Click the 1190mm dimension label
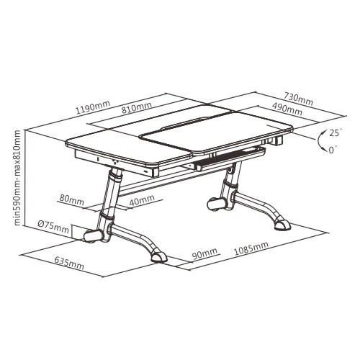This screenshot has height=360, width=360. click(x=93, y=107)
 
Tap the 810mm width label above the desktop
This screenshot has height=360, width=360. click(x=136, y=107)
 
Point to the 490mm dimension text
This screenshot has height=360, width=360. click(x=287, y=109)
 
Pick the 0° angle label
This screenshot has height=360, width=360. click(x=333, y=149)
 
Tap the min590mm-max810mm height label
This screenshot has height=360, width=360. click(x=17, y=178)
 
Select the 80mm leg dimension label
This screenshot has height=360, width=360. click(x=72, y=199)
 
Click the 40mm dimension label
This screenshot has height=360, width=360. click(x=142, y=201)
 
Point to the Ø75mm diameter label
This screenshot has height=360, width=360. click(x=53, y=225)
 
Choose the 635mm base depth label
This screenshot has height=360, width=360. click(x=69, y=262)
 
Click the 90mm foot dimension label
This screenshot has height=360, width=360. click(x=204, y=253)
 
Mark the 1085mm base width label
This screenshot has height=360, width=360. click(x=251, y=248)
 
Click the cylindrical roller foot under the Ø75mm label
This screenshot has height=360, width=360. click(x=92, y=236)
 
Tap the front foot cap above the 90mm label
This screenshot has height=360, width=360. click(x=158, y=256)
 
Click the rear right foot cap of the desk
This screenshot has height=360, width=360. click(x=282, y=225)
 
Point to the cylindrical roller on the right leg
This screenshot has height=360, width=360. click(x=217, y=204)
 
